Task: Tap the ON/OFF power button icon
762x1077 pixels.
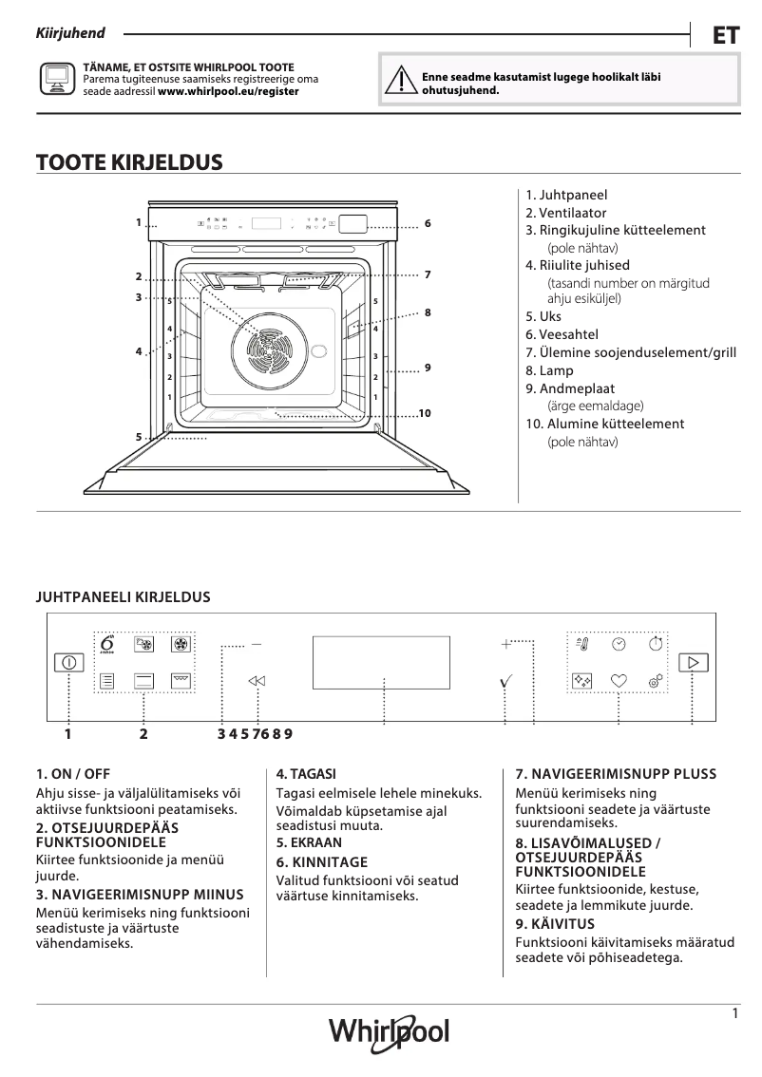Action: [68, 663]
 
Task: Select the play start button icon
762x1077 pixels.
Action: [694, 662]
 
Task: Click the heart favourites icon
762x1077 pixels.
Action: [619, 680]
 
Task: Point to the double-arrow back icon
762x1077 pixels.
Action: [257, 680]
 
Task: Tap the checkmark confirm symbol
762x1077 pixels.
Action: [505, 681]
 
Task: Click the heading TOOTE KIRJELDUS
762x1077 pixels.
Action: [129, 162]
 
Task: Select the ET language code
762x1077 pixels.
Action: [725, 35]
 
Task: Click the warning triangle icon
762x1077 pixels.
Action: [399, 83]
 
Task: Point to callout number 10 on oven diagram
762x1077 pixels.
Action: [425, 413]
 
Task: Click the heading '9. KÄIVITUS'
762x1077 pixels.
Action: [555, 923]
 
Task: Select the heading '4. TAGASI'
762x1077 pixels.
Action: [306, 774]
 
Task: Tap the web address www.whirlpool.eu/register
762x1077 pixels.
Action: [228, 91]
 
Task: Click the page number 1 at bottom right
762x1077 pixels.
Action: [735, 1013]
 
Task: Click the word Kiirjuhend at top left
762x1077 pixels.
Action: [70, 33]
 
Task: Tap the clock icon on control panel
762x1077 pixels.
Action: [619, 644]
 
